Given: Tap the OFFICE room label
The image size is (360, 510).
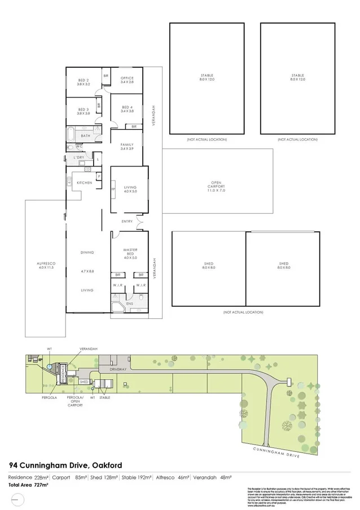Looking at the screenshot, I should tap(127, 80).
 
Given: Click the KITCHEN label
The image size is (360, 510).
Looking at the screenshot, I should tap(84, 183).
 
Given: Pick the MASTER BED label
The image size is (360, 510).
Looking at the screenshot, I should tap(130, 252).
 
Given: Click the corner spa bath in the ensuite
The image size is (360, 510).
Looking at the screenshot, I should tap(118, 307).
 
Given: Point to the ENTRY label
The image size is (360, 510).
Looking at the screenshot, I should tap(127, 221).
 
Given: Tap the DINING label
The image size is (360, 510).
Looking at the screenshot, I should tap(87, 252).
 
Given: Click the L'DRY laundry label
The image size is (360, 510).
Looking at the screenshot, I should tap(79, 157).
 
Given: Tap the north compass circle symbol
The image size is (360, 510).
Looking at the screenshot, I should tap(19, 499).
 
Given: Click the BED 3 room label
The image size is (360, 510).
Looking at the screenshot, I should tap(84, 111).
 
